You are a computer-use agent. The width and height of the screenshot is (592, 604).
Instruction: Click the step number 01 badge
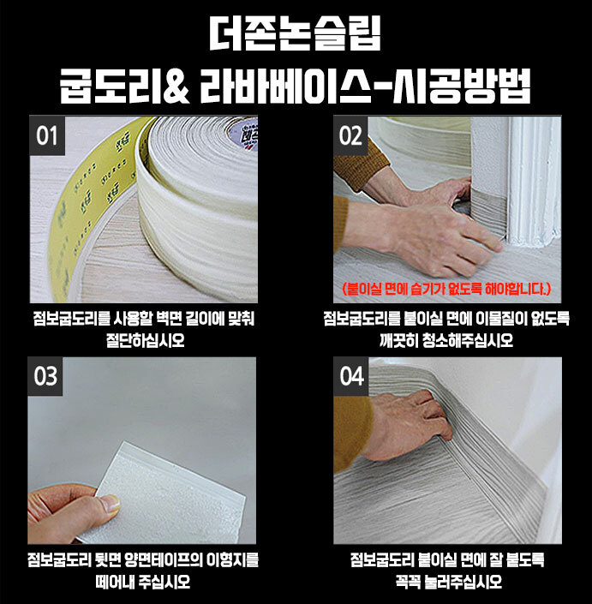(x=47, y=135)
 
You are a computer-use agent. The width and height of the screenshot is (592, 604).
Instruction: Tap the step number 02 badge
(x=350, y=135)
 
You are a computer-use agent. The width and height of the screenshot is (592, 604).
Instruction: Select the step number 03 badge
(x=45, y=376)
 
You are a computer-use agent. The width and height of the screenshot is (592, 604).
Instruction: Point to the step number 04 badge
(x=351, y=376)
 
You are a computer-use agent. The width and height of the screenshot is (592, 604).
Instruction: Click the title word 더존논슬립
(x=296, y=33)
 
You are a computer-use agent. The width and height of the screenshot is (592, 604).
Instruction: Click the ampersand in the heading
(x=176, y=87)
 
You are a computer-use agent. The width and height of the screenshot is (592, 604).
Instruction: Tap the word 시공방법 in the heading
(x=462, y=87)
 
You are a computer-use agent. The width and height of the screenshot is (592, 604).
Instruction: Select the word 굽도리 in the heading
(x=111, y=87)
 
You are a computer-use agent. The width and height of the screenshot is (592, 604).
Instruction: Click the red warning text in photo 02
(x=447, y=289)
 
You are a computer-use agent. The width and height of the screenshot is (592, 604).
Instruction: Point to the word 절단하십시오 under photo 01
(x=145, y=340)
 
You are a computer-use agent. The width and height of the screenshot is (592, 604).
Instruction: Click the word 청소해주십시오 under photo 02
(x=468, y=340)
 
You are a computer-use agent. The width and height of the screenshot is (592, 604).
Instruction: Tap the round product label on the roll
(x=242, y=133)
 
